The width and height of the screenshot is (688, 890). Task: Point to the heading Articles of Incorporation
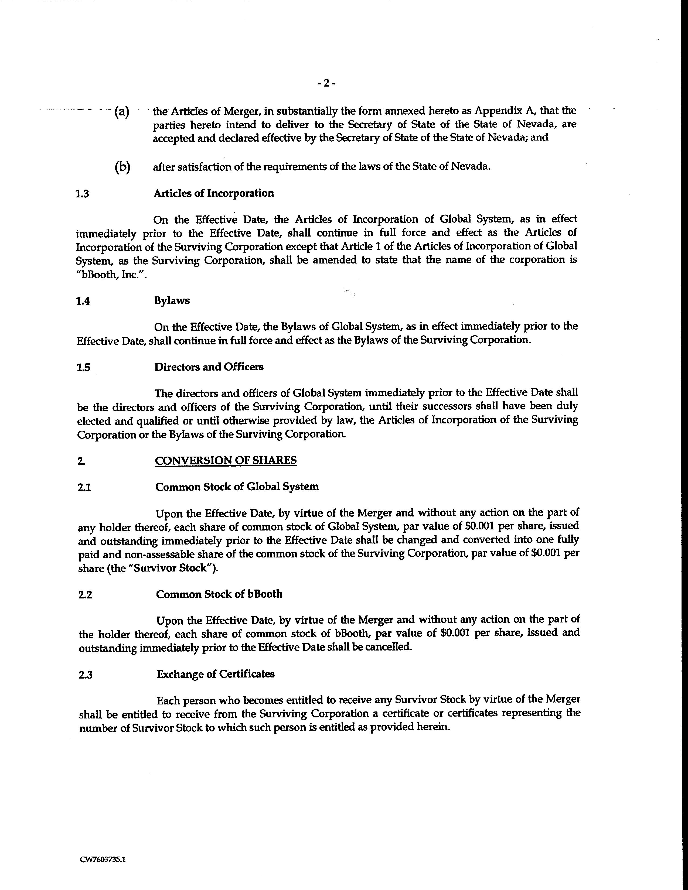pyautogui.click(x=214, y=193)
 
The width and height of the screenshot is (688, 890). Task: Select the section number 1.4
pyautogui.click(x=83, y=301)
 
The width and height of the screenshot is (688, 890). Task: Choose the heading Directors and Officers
pyautogui.click(x=209, y=367)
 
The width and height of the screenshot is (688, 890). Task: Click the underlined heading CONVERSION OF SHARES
pyautogui.click(x=226, y=460)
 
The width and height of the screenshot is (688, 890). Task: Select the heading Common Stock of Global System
pyautogui.click(x=237, y=487)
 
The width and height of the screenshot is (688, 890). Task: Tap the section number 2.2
pyautogui.click(x=85, y=595)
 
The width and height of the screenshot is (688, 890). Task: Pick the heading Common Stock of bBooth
pyautogui.click(x=219, y=594)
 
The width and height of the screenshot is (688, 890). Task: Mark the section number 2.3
pyautogui.click(x=86, y=675)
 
